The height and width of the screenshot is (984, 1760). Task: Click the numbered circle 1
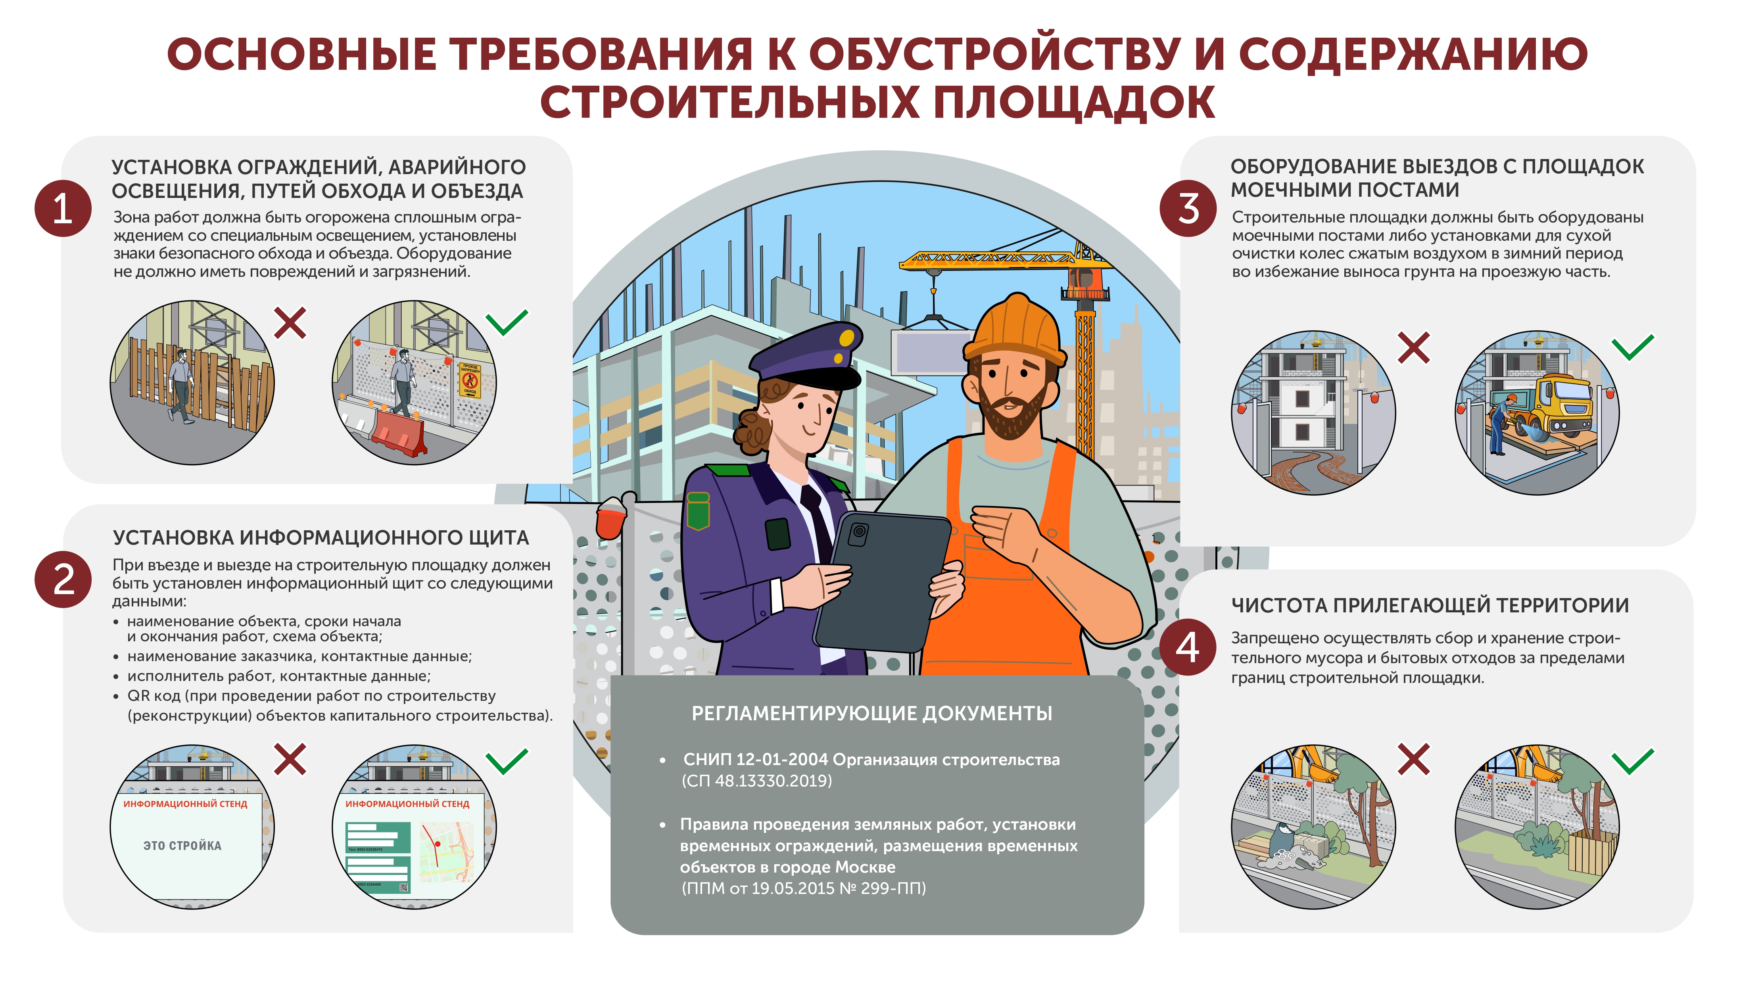click(x=63, y=208)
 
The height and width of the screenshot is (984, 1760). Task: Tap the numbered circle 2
click(x=63, y=579)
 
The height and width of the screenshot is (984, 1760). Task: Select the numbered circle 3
click(x=1188, y=208)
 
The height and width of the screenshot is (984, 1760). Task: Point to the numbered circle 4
click(x=1188, y=647)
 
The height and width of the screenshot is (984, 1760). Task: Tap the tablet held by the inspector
click(x=881, y=581)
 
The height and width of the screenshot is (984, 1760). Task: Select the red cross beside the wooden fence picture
click(x=290, y=322)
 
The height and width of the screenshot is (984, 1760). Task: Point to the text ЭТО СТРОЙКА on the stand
click(x=182, y=845)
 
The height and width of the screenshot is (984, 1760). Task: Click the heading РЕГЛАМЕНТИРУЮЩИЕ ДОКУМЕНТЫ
click(x=872, y=714)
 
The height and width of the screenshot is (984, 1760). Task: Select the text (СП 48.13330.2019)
click(x=757, y=781)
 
